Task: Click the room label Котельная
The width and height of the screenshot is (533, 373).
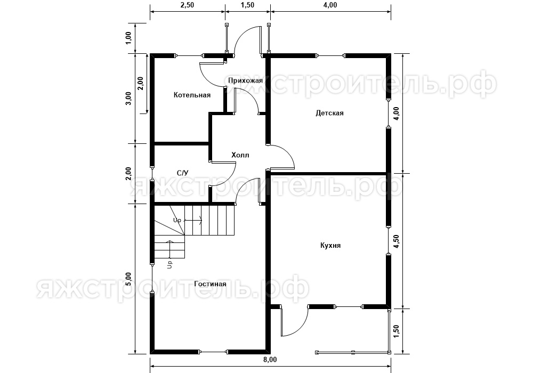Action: pyautogui.click(x=192, y=95)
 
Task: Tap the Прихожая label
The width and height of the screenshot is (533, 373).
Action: pyautogui.click(x=245, y=80)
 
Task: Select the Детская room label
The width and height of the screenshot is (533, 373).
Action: pyautogui.click(x=329, y=113)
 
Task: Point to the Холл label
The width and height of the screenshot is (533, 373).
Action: pyautogui.click(x=240, y=155)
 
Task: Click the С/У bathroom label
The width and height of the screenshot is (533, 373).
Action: pyautogui.click(x=182, y=173)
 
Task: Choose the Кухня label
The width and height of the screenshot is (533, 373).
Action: pyautogui.click(x=330, y=245)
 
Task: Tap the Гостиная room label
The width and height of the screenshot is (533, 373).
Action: pyautogui.click(x=210, y=283)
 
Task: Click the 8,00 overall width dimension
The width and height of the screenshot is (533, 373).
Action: pyautogui.click(x=270, y=359)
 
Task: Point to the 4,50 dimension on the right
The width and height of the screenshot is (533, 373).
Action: pyautogui.click(x=397, y=241)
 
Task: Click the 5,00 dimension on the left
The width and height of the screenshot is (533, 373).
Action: pyautogui.click(x=128, y=279)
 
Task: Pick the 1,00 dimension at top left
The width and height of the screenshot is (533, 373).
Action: pyautogui.click(x=128, y=38)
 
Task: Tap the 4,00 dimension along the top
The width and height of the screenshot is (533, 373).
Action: pyautogui.click(x=330, y=5)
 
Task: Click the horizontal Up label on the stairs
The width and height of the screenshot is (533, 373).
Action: pyautogui.click(x=177, y=221)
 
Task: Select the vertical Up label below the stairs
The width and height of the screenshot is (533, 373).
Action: pyautogui.click(x=169, y=265)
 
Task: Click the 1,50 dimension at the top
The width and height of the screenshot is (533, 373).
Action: pyautogui.click(x=247, y=5)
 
